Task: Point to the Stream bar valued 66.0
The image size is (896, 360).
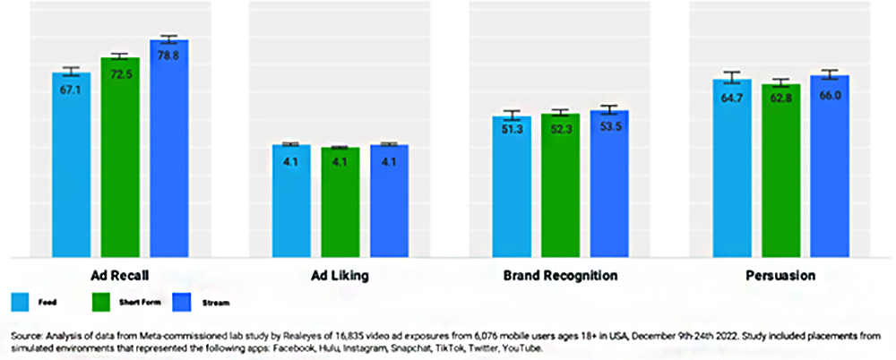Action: point(829,166)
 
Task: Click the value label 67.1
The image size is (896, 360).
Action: point(71,89)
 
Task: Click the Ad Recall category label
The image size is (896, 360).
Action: point(120,276)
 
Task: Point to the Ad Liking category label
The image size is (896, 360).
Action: point(340,276)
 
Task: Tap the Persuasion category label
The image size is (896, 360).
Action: point(780,276)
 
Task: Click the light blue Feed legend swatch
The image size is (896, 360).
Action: point(19,301)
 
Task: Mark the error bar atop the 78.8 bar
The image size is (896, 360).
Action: point(169,39)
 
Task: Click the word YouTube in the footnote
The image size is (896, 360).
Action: point(521,347)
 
